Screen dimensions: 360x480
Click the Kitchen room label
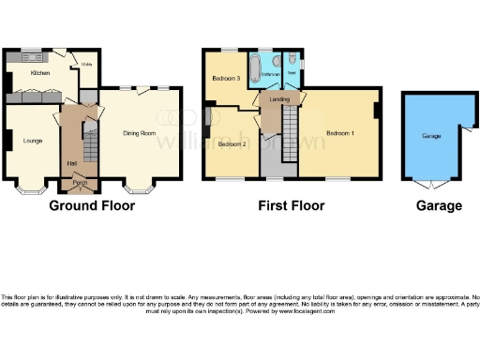40,72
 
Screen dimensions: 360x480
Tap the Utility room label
86,64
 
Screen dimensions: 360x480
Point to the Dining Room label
139,133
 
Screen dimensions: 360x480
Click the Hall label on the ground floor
72,164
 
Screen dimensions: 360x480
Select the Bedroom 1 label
337,133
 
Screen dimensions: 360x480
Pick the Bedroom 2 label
232,145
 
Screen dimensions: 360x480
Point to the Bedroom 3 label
227,78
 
